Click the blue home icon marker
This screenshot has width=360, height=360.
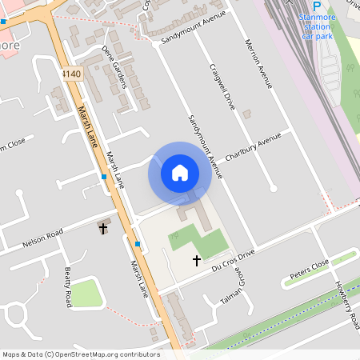(x=180, y=173)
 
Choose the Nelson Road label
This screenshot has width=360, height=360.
(x=43, y=238)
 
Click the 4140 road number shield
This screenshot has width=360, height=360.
(x=70, y=73)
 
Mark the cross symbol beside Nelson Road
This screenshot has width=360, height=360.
(x=102, y=229)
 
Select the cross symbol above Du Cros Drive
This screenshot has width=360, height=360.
(x=197, y=260)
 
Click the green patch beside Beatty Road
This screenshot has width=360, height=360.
(x=87, y=294)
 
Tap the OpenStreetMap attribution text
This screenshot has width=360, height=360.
(x=81, y=354)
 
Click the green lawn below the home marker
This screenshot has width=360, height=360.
(x=192, y=239)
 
